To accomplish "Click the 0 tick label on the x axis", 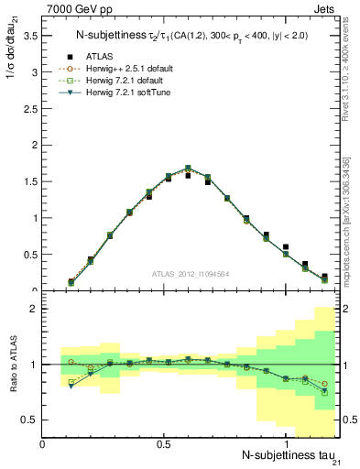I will click(x=43, y=444).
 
